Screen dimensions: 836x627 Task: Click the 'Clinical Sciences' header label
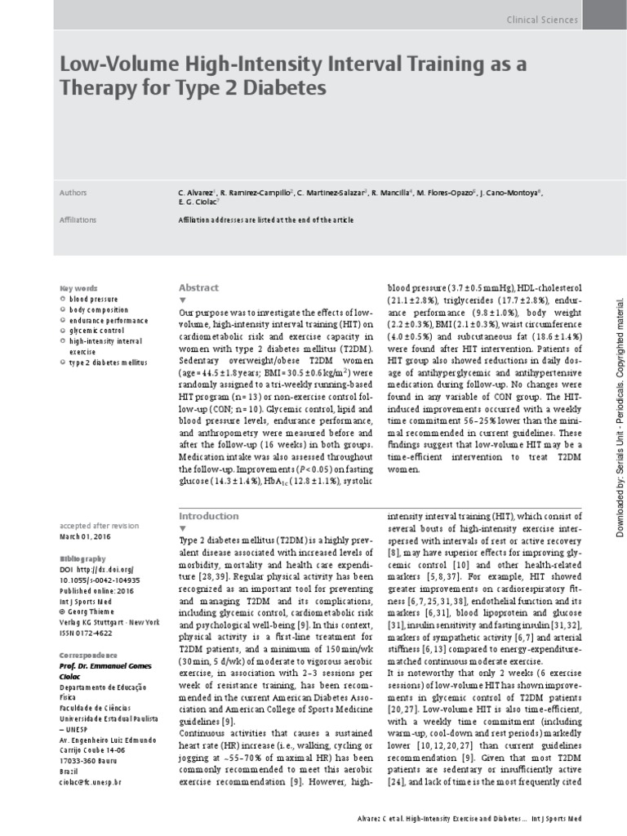542,20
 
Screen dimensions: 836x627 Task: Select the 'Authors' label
73,193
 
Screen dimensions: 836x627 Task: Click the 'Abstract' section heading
198,287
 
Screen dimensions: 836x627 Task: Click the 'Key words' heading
79,289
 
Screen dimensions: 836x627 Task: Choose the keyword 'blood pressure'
93,300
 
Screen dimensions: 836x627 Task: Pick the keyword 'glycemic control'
96,331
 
